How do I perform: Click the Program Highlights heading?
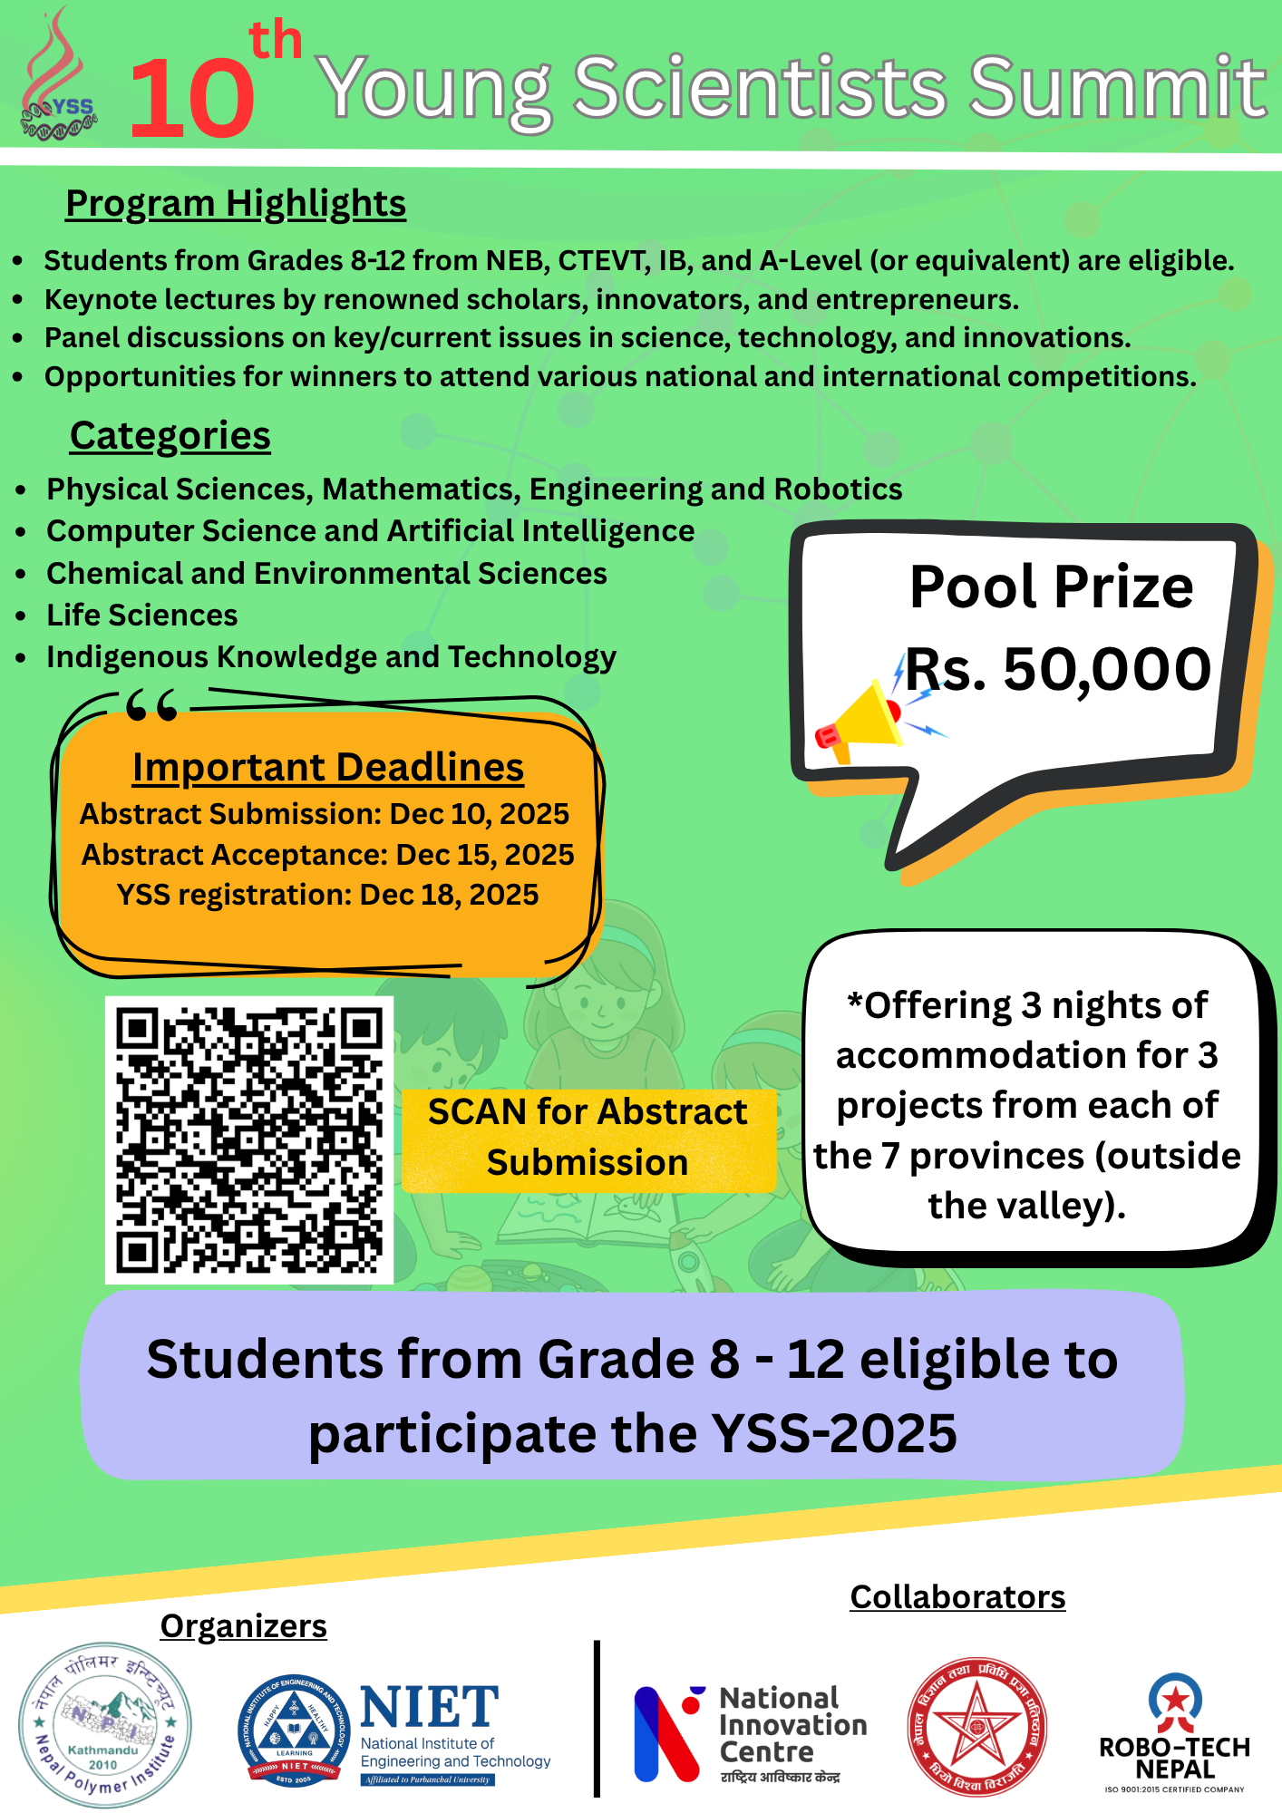coord(236,204)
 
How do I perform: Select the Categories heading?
coord(170,436)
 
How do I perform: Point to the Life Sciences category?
coord(142,616)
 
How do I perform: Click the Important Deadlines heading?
coord(328,768)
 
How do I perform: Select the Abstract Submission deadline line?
coord(325,814)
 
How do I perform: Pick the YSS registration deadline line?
coord(327,895)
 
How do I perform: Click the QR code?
coord(249,1140)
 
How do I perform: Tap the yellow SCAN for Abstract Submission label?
coord(588,1138)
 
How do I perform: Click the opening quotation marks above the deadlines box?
coord(151,704)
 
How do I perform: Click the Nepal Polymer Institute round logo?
coord(105,1724)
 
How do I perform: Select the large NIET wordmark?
coord(430,1708)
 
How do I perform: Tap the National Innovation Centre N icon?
coord(667,1732)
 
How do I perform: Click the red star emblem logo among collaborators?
coord(976,1728)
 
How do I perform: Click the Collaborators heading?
coord(957,1597)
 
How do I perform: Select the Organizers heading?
coord(243,1626)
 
